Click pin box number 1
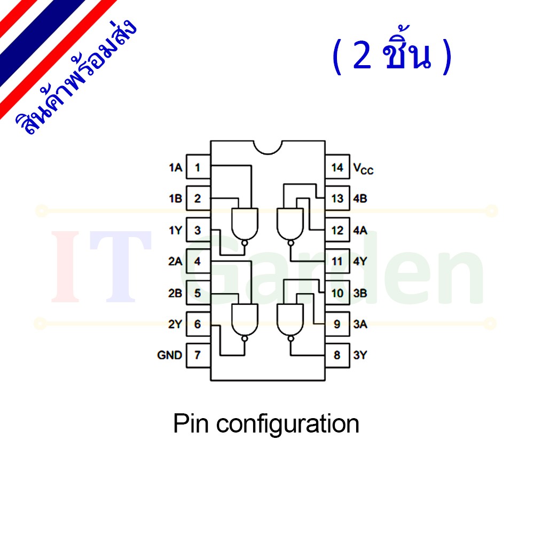pos(198,167)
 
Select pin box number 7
pos(198,355)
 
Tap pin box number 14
pos(337,167)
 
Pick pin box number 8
pos(337,355)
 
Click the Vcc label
pos(363,169)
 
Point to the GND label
pos(170,355)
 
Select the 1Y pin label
pos(176,231)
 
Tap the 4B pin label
pos(360,199)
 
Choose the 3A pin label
pos(360,324)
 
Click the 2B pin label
pos(175,293)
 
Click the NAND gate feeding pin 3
pos(245,225)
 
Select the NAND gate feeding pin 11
pos(290,225)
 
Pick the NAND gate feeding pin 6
pos(245,321)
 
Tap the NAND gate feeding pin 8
pos(290,321)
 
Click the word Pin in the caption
pos(191,423)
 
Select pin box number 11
pos(337,261)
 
